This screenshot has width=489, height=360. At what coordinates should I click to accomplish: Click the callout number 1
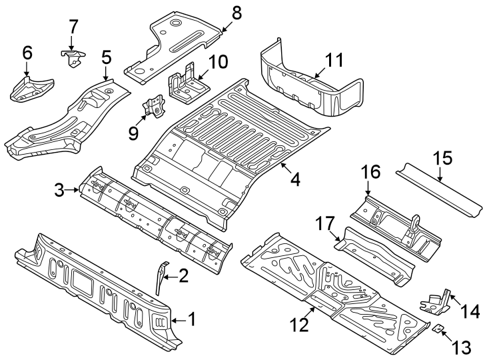191,321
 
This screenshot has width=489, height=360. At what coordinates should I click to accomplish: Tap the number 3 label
60,191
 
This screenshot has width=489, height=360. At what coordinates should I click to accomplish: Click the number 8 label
237,13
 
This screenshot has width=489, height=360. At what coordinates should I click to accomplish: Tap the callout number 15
442,159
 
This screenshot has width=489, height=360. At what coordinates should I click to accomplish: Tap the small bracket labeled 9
155,107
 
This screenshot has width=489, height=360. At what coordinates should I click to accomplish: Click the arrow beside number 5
107,75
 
